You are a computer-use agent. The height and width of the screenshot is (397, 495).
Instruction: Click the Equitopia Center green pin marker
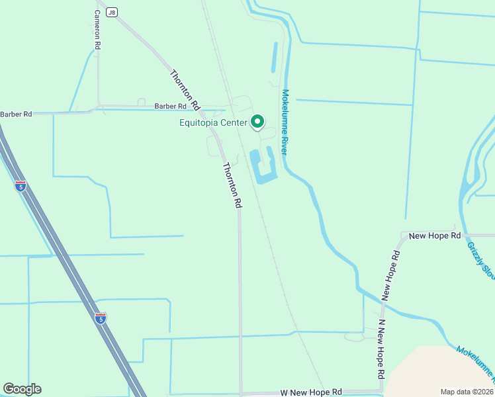[x=257, y=122]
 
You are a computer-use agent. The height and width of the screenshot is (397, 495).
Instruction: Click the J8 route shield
[x=112, y=13]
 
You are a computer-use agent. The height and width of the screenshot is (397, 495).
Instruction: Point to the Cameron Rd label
[x=97, y=30]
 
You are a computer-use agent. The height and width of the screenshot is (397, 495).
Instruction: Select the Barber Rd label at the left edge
[x=16, y=114]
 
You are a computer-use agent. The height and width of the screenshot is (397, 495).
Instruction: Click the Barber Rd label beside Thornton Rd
[x=171, y=106]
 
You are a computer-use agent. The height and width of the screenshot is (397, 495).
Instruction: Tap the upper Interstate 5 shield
[x=20, y=187]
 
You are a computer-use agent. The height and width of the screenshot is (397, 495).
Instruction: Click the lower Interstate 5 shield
[x=100, y=319]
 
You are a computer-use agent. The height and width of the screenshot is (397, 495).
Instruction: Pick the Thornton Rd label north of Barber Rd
[x=185, y=90]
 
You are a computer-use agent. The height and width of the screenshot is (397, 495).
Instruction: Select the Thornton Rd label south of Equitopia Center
[x=232, y=186]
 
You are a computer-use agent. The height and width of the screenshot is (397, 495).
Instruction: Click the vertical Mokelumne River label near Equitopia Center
[x=285, y=122]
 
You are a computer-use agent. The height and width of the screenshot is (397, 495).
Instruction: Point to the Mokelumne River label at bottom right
[x=475, y=364]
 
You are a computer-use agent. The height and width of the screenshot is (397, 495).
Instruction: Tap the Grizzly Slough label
[x=480, y=260]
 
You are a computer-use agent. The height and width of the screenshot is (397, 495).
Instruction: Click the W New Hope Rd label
[x=310, y=392]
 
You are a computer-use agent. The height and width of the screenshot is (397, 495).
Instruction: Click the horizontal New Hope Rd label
[x=435, y=236]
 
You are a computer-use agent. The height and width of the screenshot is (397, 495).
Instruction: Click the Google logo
[x=22, y=389]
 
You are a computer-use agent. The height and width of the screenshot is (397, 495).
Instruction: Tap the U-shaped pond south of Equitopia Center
[x=263, y=169]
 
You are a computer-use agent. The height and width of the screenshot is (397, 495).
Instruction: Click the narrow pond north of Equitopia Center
[x=273, y=58]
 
